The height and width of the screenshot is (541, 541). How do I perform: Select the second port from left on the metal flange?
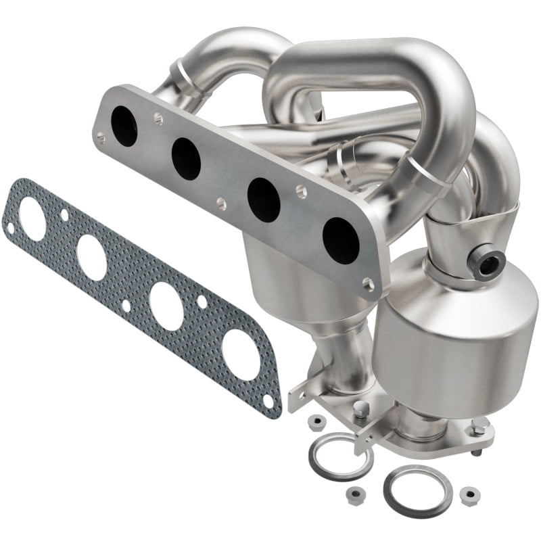click(x=186, y=158)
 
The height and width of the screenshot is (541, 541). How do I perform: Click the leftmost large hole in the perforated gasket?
click(x=32, y=216)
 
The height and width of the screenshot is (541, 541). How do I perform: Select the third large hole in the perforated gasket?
click(x=166, y=306)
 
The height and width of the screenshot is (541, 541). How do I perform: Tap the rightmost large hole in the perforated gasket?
click(x=239, y=354)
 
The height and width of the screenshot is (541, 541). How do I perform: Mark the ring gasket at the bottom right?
click(x=413, y=490)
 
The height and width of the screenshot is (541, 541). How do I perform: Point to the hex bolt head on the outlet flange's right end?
click(x=480, y=425)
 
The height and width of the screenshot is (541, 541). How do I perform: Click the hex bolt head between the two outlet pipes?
click(x=361, y=408)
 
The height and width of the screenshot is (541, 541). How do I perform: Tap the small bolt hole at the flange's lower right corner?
click(x=368, y=285)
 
